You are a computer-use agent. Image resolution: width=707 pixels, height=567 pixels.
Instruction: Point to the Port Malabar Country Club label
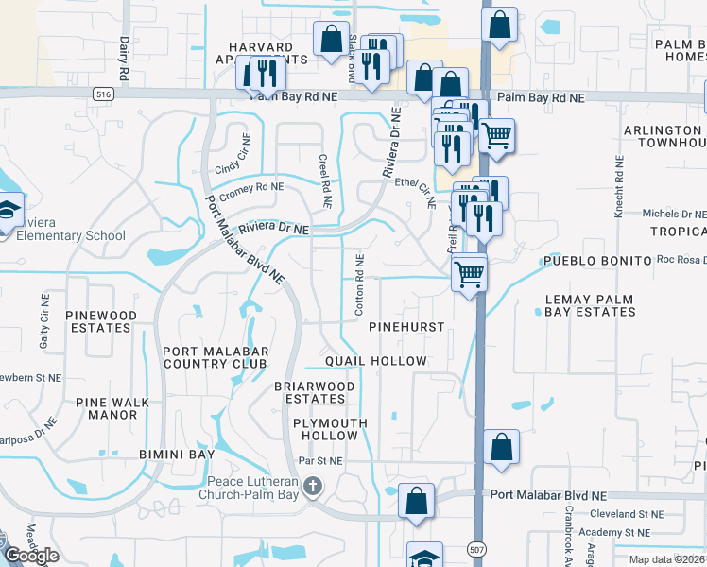pyautogui.click(x=216, y=358)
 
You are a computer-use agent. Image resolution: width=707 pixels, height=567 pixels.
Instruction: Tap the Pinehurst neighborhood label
pyautogui.click(x=406, y=326)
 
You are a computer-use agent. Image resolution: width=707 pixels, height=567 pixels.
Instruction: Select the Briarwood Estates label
pyautogui.click(x=315, y=392)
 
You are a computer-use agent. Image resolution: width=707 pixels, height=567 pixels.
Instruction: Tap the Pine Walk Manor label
pyautogui.click(x=118, y=408)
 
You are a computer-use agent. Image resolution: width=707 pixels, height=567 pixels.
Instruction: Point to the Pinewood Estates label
pyautogui.click(x=100, y=321)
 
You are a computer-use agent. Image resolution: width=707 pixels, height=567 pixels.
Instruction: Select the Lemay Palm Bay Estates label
pyautogui.click(x=602, y=305)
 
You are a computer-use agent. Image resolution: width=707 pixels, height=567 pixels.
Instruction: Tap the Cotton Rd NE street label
pyautogui.click(x=360, y=283)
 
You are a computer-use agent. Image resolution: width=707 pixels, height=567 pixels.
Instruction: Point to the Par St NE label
pyautogui.click(x=320, y=461)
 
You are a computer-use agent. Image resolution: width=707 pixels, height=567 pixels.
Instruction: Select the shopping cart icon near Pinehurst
pyautogui.click(x=469, y=275)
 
